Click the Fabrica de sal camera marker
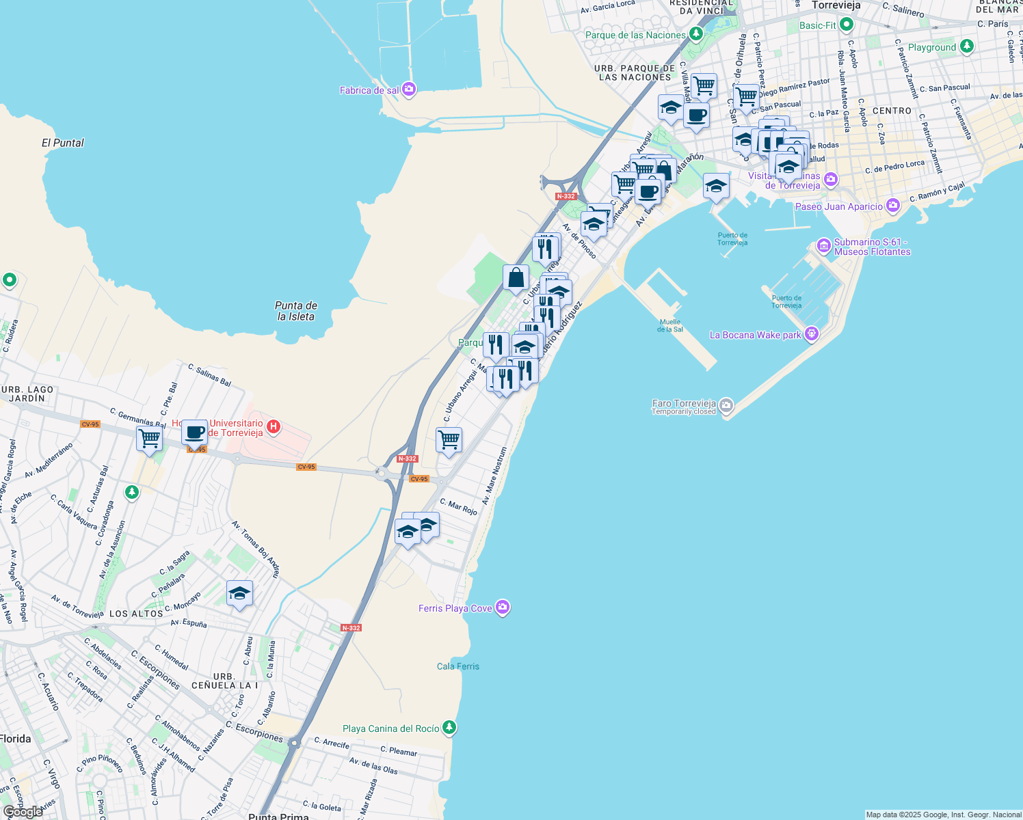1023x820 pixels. pyautogui.click(x=409, y=89)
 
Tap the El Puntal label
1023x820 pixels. pyautogui.click(x=63, y=143)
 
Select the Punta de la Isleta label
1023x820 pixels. pyautogui.click(x=296, y=311)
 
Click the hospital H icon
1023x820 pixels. pyautogui.click(x=273, y=427)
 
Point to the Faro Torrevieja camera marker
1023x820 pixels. pyautogui.click(x=726, y=406)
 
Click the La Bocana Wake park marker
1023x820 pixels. pyautogui.click(x=812, y=334)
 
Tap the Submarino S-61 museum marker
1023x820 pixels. pyautogui.click(x=824, y=245)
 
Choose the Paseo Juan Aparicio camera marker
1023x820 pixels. pyautogui.click(x=892, y=206)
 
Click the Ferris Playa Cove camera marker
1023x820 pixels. pyautogui.click(x=502, y=607)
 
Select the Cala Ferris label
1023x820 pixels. pyautogui.click(x=458, y=666)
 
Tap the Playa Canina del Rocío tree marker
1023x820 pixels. pyautogui.click(x=449, y=728)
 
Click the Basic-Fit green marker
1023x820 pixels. pyautogui.click(x=847, y=25)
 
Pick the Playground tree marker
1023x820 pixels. pyautogui.click(x=966, y=46)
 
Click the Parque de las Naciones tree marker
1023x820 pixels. pyautogui.click(x=695, y=33)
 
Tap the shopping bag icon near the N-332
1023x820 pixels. pyautogui.click(x=516, y=278)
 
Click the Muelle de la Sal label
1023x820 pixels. pyautogui.click(x=670, y=325)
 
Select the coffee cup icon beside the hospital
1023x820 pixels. pyautogui.click(x=194, y=433)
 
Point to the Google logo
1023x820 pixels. pyautogui.click(x=23, y=812)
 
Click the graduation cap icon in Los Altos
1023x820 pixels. pyautogui.click(x=239, y=593)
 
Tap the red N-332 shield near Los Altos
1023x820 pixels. pyautogui.click(x=351, y=627)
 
